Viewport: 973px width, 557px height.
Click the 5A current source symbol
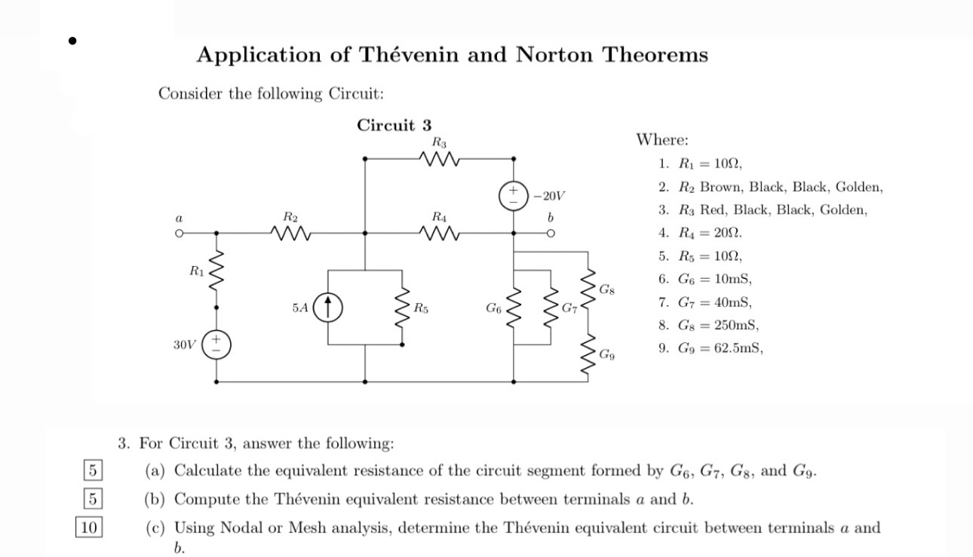click(x=329, y=307)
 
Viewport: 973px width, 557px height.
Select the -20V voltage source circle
click(x=514, y=196)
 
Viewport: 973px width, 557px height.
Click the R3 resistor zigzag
click(x=439, y=159)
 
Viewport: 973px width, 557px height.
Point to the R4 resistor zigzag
click(x=439, y=234)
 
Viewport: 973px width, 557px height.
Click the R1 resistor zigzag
click(x=217, y=271)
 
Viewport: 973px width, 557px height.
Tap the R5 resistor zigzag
click(x=401, y=308)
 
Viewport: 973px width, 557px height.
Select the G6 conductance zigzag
click(x=514, y=308)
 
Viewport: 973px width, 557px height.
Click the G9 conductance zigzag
click(x=588, y=353)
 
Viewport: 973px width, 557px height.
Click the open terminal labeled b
click(x=551, y=234)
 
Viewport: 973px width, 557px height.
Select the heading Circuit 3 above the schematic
click(x=394, y=125)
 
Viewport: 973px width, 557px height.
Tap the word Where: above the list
click(x=662, y=139)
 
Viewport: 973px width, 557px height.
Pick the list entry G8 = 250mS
click(x=719, y=326)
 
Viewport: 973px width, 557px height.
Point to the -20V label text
click(x=548, y=196)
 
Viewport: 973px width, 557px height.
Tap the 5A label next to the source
click(x=299, y=308)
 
